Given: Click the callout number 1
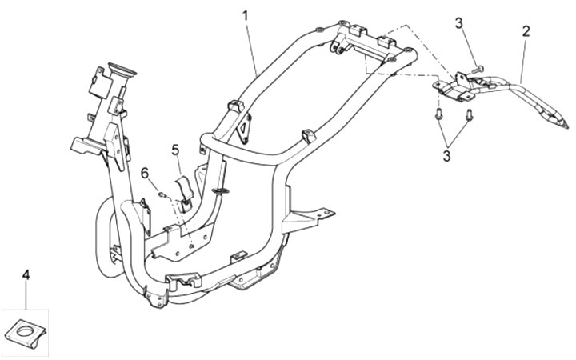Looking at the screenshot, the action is coord(246,14).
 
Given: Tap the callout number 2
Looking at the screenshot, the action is coord(526,31).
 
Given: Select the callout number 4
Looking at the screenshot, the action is coord(26,274).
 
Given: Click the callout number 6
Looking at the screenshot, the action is coord(145,173).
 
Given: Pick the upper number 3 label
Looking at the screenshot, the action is coord(459,23).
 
